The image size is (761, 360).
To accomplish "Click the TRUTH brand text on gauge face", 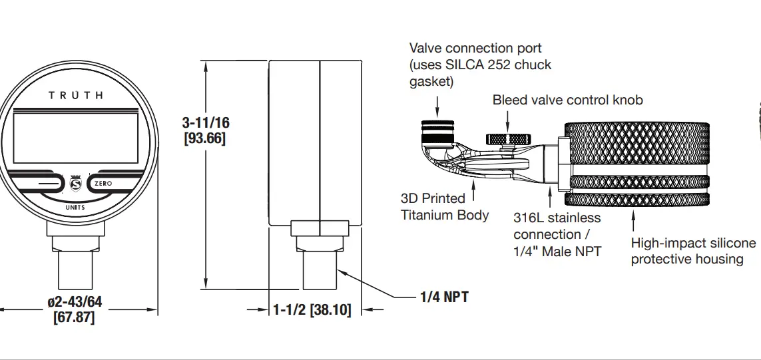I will coord(76,95).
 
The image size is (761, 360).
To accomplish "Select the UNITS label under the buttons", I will coord(75,207).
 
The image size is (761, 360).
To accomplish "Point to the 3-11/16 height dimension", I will coord(205,123).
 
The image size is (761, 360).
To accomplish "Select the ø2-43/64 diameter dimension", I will coord(75,302).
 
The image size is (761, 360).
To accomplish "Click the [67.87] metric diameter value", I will coord(74,317).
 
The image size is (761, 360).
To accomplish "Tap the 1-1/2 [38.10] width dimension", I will coord(312,310).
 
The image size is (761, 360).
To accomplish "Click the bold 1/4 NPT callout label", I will coord(444,297).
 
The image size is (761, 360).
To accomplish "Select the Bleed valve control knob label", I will coord(567,100).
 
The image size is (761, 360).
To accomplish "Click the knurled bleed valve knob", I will coord(507,139).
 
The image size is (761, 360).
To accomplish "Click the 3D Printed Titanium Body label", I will coord(444,207).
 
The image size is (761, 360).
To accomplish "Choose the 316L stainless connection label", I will coord(557,234).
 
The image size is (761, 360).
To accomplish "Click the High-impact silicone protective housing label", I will coord(693,251).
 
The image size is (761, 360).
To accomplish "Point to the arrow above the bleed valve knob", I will coord(507,120).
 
